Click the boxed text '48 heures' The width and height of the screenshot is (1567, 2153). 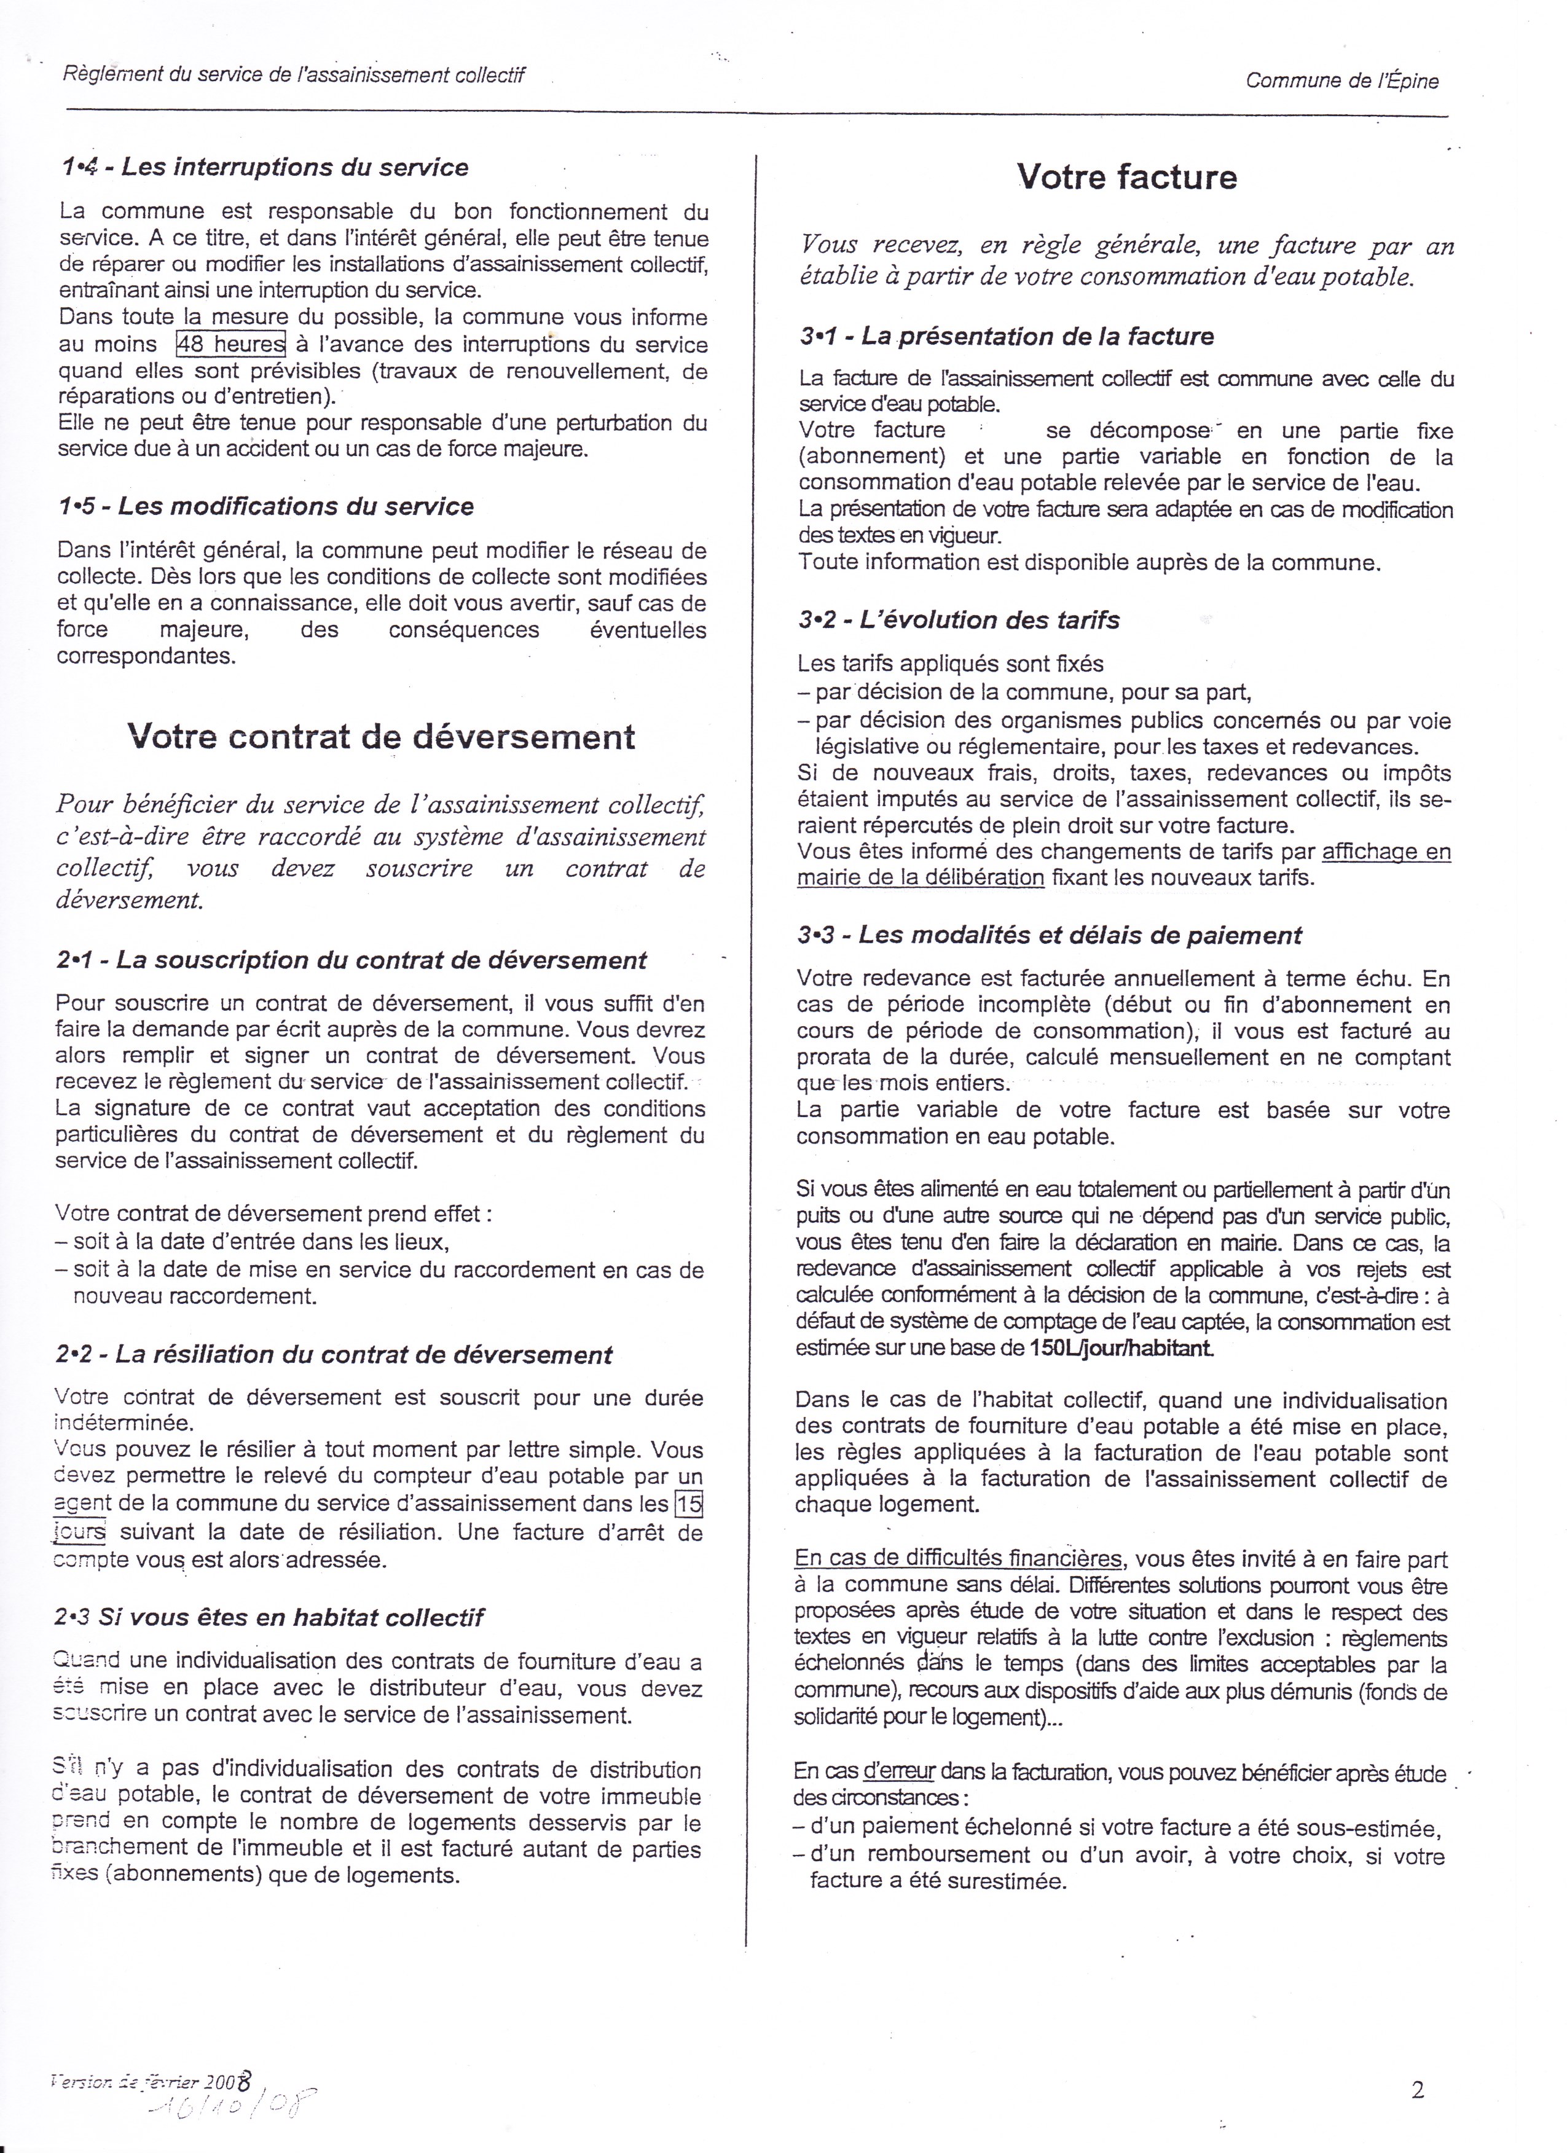click(x=230, y=343)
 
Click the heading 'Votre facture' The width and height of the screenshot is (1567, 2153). click(x=1126, y=178)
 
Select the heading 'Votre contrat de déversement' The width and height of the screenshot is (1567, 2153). click(x=382, y=737)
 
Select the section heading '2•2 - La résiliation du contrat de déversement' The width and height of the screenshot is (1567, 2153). click(x=334, y=1355)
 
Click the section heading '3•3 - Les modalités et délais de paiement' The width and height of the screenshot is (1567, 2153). click(x=1050, y=935)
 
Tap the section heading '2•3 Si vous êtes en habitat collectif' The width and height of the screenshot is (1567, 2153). click(x=270, y=1618)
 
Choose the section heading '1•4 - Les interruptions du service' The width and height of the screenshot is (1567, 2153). click(x=264, y=167)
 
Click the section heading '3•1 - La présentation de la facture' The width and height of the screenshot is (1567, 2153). click(x=1006, y=336)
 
